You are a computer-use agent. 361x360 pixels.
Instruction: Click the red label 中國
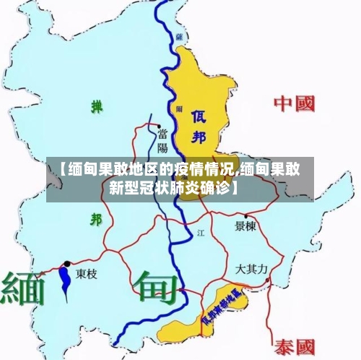pyautogui.click(x=295, y=104)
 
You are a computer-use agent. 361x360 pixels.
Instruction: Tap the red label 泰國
pyautogui.click(x=295, y=346)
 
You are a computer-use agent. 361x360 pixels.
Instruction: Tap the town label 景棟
pyautogui.click(x=246, y=226)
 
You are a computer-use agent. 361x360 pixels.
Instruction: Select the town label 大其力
pyautogui.click(x=251, y=269)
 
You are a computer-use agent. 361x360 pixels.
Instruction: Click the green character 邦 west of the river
pyautogui.click(x=95, y=219)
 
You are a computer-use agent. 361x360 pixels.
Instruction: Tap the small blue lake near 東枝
pyautogui.click(x=66, y=279)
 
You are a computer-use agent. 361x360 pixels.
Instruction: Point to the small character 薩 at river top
pyautogui.click(x=178, y=35)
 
